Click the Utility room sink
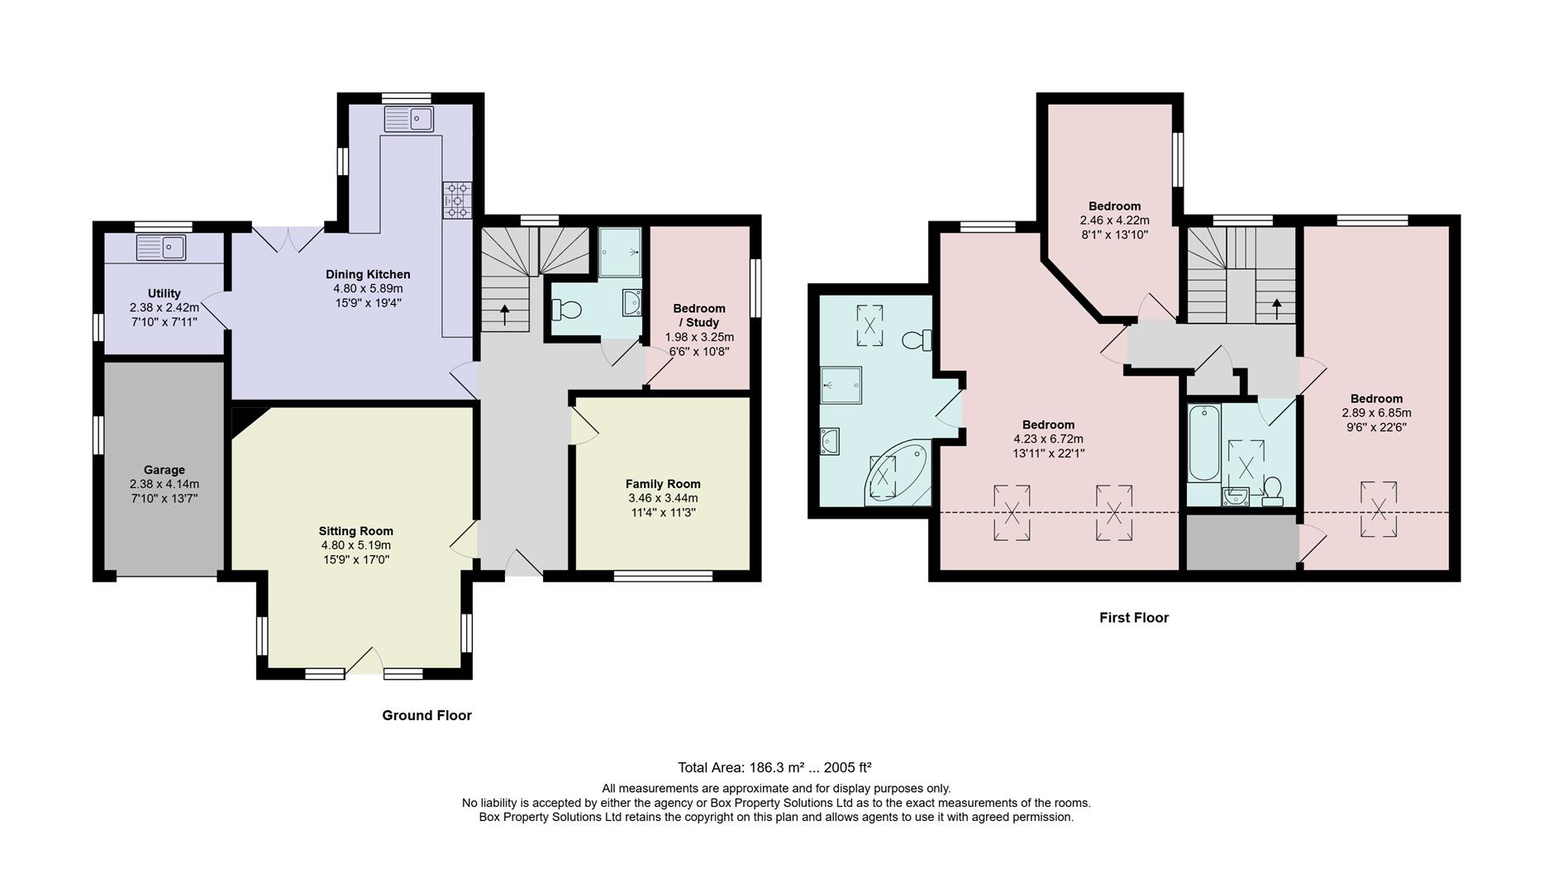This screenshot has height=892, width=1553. pyautogui.click(x=161, y=247)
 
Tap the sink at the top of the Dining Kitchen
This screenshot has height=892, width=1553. pyautogui.click(x=408, y=119)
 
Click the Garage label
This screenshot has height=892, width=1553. pyautogui.click(x=164, y=470)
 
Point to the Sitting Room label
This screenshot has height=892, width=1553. pyautogui.click(x=355, y=531)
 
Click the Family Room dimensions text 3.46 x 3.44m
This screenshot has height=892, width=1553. pyautogui.click(x=663, y=498)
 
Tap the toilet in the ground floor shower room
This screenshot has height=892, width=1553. pyautogui.click(x=569, y=311)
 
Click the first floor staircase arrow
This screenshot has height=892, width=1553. pyautogui.click(x=1276, y=309)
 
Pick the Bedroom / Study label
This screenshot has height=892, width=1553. pyautogui.click(x=699, y=315)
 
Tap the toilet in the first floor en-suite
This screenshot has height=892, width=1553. pyautogui.click(x=917, y=339)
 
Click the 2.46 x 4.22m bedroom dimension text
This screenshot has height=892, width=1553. pyautogui.click(x=1114, y=221)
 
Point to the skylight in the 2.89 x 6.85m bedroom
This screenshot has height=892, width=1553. pyautogui.click(x=1378, y=510)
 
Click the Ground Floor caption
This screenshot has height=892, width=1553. pyautogui.click(x=426, y=715)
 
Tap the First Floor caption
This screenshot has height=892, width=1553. pyautogui.click(x=1133, y=618)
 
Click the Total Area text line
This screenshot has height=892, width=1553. pyautogui.click(x=774, y=767)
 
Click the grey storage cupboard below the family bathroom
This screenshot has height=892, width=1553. pyautogui.click(x=1241, y=542)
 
